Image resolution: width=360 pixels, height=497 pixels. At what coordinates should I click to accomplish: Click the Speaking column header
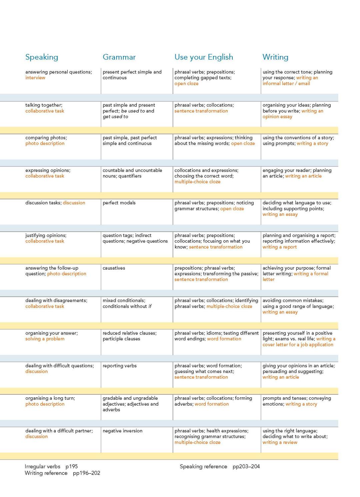tap(42, 57)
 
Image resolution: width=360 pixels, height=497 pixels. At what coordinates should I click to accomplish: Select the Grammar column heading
tap(119, 57)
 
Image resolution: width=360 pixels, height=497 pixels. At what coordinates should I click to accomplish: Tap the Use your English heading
tap(204, 57)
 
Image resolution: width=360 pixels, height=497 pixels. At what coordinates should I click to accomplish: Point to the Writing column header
tap(275, 57)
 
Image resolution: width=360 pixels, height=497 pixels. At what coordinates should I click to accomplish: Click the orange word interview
tap(35, 78)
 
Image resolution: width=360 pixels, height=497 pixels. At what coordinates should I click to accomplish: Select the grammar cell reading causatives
tap(114, 268)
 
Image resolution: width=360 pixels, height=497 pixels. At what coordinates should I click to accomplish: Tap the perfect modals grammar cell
tap(119, 203)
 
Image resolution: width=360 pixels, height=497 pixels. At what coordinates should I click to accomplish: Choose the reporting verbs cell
tap(120, 366)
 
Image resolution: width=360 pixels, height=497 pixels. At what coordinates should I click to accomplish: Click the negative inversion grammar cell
tap(122, 431)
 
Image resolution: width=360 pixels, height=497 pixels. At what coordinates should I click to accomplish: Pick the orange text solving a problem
tap(45, 339)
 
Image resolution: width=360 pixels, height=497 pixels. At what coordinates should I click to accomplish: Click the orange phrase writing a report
tap(279, 247)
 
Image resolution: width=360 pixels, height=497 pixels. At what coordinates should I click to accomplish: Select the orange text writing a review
tap(280, 442)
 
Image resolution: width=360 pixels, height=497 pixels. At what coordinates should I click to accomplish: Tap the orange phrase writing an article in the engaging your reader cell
tap(303, 176)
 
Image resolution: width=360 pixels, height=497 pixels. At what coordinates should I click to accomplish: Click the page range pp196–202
tap(86, 473)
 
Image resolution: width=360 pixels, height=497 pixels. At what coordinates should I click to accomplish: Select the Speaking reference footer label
tap(203, 466)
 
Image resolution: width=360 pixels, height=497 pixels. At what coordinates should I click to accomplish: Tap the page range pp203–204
tap(246, 466)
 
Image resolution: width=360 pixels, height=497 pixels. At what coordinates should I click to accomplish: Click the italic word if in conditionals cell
tap(150, 306)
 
